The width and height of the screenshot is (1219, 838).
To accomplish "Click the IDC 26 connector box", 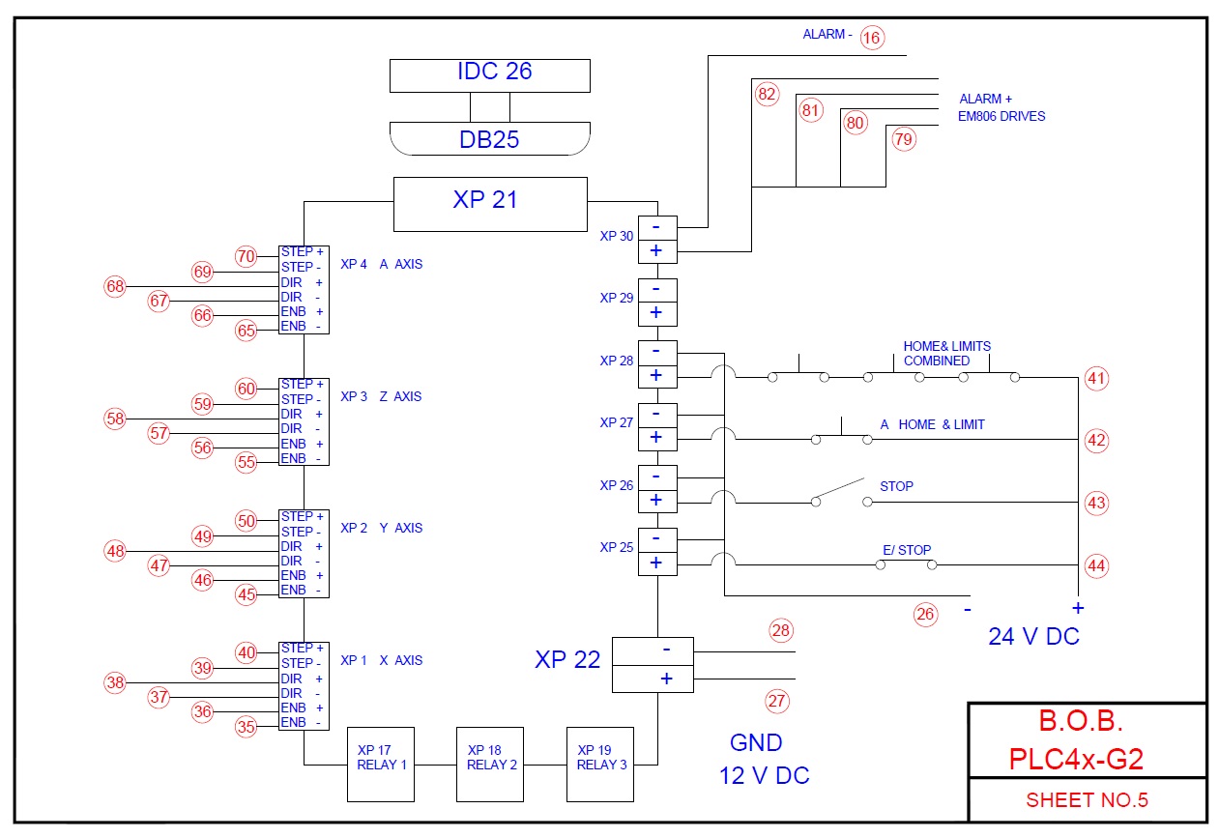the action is tap(490, 75).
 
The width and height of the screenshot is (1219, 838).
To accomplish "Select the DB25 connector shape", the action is tap(490, 139).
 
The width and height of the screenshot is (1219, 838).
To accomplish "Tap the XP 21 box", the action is tap(490, 204).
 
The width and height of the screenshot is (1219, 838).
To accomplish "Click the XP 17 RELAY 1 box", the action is tap(381, 764).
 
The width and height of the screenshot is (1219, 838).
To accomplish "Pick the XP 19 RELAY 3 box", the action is tap(600, 764).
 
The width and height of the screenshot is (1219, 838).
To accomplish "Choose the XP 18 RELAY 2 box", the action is tap(490, 764).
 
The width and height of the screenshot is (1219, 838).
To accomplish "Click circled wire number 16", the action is tap(872, 38).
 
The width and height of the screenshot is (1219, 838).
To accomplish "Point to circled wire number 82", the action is tap(768, 94).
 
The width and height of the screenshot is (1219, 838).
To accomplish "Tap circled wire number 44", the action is tap(1096, 566).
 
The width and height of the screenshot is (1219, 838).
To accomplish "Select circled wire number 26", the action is tap(925, 615).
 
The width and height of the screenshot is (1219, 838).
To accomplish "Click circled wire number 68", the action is tap(115, 286).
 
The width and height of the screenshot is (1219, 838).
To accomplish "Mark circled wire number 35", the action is tap(246, 727).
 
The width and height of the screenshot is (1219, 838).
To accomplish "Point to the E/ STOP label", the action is tap(907, 550).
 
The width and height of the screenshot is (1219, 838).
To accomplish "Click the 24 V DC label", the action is tap(1033, 636).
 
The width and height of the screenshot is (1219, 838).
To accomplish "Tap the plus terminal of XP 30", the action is tap(657, 251).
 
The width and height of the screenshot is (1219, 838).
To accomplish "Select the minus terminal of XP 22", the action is tap(653, 651).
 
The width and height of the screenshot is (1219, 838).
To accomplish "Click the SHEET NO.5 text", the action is tap(1087, 800).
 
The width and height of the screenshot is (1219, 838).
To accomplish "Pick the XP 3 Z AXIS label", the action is tap(381, 396).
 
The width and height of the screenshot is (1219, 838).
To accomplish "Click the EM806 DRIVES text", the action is tap(1001, 116).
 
